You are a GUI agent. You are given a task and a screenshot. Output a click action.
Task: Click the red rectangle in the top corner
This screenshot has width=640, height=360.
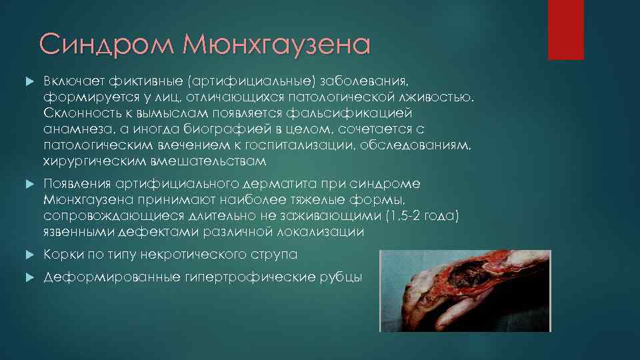(x=565, y=29)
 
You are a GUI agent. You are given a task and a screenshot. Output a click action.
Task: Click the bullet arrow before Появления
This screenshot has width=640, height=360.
(x=29, y=184)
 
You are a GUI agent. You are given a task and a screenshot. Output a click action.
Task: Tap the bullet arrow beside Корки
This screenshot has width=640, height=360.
(x=29, y=255)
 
